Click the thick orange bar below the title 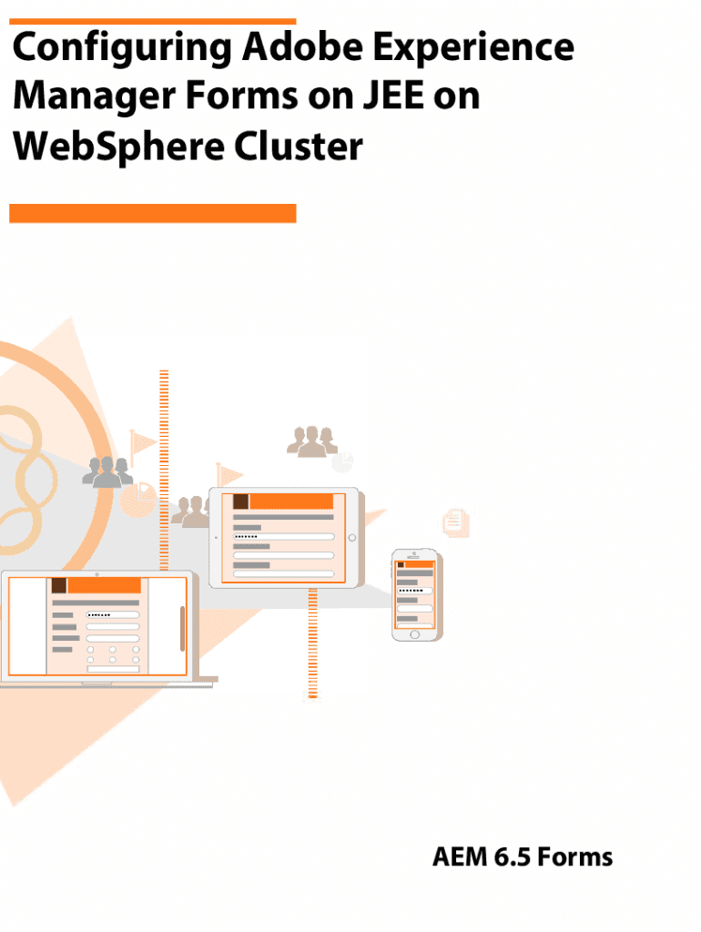(152, 213)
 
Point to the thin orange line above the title (152, 21)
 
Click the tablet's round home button (352, 537)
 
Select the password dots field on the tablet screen (283, 537)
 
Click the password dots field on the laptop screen (113, 614)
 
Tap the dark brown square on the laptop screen (58, 585)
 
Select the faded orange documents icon (456, 522)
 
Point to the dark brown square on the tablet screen (241, 501)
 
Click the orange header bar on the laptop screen (104, 585)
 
